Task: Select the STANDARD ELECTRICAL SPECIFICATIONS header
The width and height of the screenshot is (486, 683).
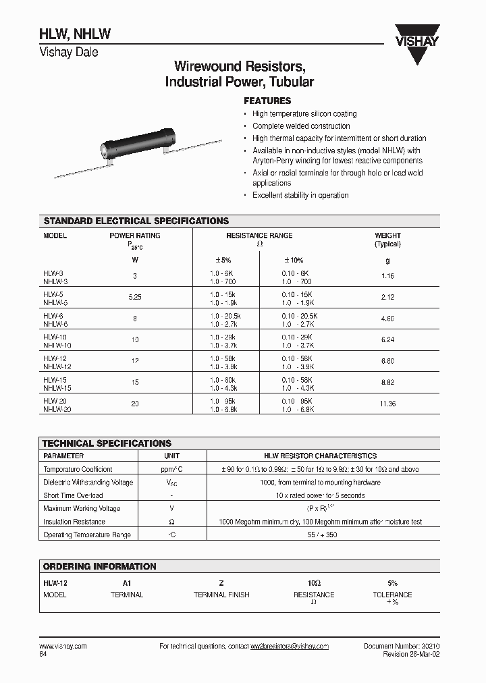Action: pyautogui.click(x=136, y=221)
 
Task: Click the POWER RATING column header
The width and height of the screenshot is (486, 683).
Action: pyautogui.click(x=134, y=236)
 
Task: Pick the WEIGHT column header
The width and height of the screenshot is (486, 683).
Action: pyautogui.click(x=387, y=236)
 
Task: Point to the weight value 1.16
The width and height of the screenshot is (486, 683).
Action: pyautogui.click(x=387, y=277)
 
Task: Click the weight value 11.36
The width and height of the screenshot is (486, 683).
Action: pyautogui.click(x=387, y=404)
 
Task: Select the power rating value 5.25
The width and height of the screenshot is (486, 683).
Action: pyautogui.click(x=134, y=298)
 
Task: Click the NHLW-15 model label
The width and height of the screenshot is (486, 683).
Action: pyautogui.click(x=57, y=388)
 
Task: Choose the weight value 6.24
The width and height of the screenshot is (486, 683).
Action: pyautogui.click(x=387, y=340)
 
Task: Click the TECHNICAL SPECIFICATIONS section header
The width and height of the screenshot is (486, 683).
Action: pyautogui.click(x=107, y=443)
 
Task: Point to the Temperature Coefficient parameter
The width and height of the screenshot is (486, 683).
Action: pyautogui.click(x=78, y=469)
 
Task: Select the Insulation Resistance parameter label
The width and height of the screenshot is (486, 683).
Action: pyautogui.click(x=74, y=522)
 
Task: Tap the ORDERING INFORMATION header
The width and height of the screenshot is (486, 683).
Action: pyautogui.click(x=99, y=566)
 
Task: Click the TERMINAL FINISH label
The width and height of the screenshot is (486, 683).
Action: pyautogui.click(x=221, y=595)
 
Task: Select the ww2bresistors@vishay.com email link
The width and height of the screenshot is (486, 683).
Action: pyautogui.click(x=290, y=647)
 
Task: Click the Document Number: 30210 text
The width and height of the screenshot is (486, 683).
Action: pyautogui.click(x=402, y=646)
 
